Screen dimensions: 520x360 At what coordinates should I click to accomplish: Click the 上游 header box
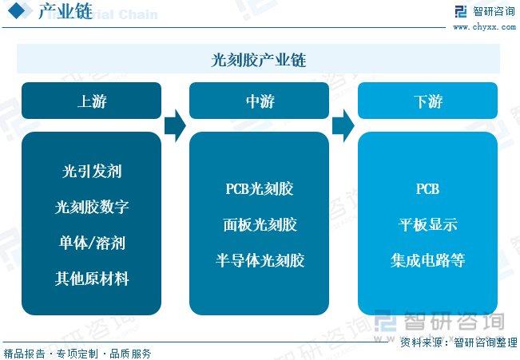pyautogui.click(x=91, y=101)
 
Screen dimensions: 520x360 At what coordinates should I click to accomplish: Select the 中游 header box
pyautogui.click(x=259, y=101)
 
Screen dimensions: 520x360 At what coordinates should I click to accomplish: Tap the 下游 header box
pyautogui.click(x=427, y=101)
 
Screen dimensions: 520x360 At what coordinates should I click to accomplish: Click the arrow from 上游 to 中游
pyautogui.click(x=175, y=126)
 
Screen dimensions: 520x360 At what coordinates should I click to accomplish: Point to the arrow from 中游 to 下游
pyautogui.click(x=343, y=126)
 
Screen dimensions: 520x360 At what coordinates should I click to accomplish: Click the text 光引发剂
pyautogui.click(x=92, y=171)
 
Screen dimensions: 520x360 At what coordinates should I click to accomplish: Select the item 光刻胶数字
pyautogui.click(x=92, y=207)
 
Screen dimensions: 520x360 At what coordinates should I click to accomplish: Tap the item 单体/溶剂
pyautogui.click(x=92, y=243)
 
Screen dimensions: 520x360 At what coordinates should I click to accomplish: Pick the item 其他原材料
pyautogui.click(x=92, y=279)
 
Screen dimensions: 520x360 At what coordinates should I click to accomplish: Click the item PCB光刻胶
pyautogui.click(x=260, y=189)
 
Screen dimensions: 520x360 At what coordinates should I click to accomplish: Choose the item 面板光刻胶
pyautogui.click(x=260, y=225)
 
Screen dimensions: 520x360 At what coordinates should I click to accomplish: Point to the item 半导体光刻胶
pyautogui.click(x=260, y=260)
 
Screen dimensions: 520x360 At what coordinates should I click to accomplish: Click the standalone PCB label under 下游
pyautogui.click(x=427, y=189)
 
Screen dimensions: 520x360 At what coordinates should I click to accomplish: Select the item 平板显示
pyautogui.click(x=428, y=225)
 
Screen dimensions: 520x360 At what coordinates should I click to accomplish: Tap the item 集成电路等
pyautogui.click(x=428, y=260)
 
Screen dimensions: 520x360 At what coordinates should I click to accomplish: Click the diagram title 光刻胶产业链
pyautogui.click(x=258, y=60)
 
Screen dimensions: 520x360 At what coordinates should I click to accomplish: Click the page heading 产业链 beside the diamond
pyautogui.click(x=65, y=11)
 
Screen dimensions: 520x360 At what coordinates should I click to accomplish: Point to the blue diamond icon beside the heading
pyautogui.click(x=16, y=10)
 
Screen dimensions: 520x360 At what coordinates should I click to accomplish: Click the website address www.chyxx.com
pyautogui.click(x=485, y=27)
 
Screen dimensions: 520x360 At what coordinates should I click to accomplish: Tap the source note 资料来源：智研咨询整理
pyautogui.click(x=458, y=342)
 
